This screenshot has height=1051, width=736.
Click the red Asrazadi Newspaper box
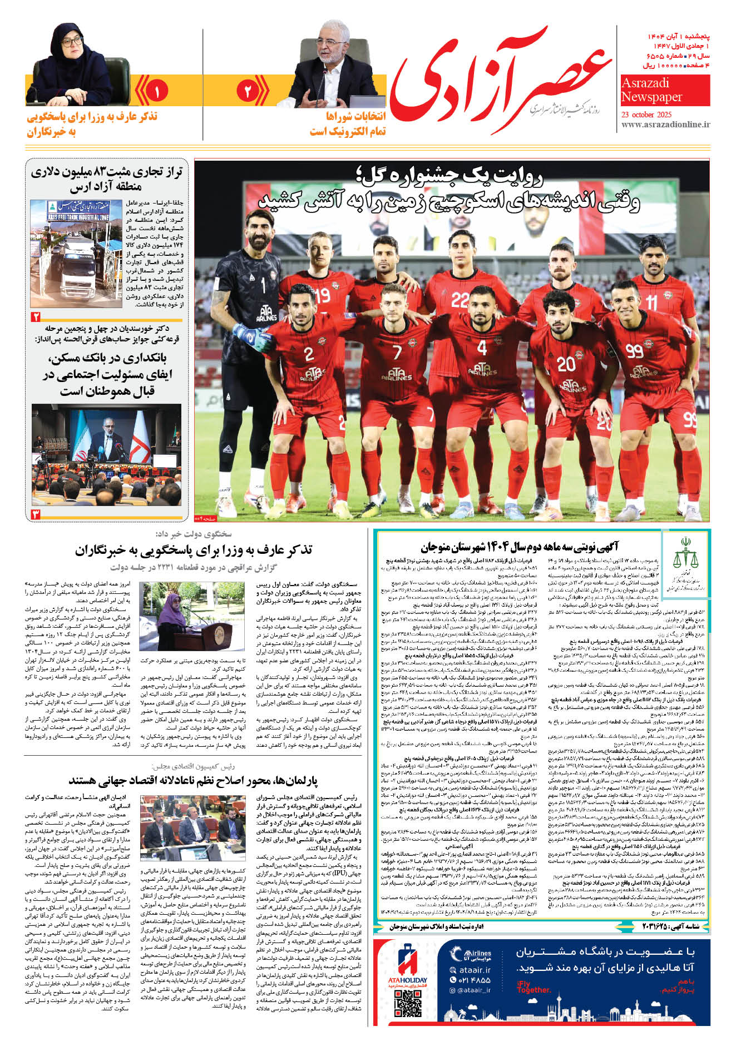click(x=665, y=90)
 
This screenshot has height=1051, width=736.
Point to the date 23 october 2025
click(x=651, y=115)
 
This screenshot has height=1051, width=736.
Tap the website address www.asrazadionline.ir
click(x=665, y=125)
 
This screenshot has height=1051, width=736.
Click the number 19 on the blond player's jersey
click(x=322, y=295)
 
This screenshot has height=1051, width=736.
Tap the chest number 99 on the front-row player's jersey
click(x=634, y=351)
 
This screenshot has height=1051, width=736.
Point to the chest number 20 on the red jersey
click(x=566, y=364)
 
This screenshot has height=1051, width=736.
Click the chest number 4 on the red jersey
click(x=482, y=348)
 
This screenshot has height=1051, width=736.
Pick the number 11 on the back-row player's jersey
click(x=651, y=304)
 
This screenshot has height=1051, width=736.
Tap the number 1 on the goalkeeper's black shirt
click(x=263, y=286)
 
